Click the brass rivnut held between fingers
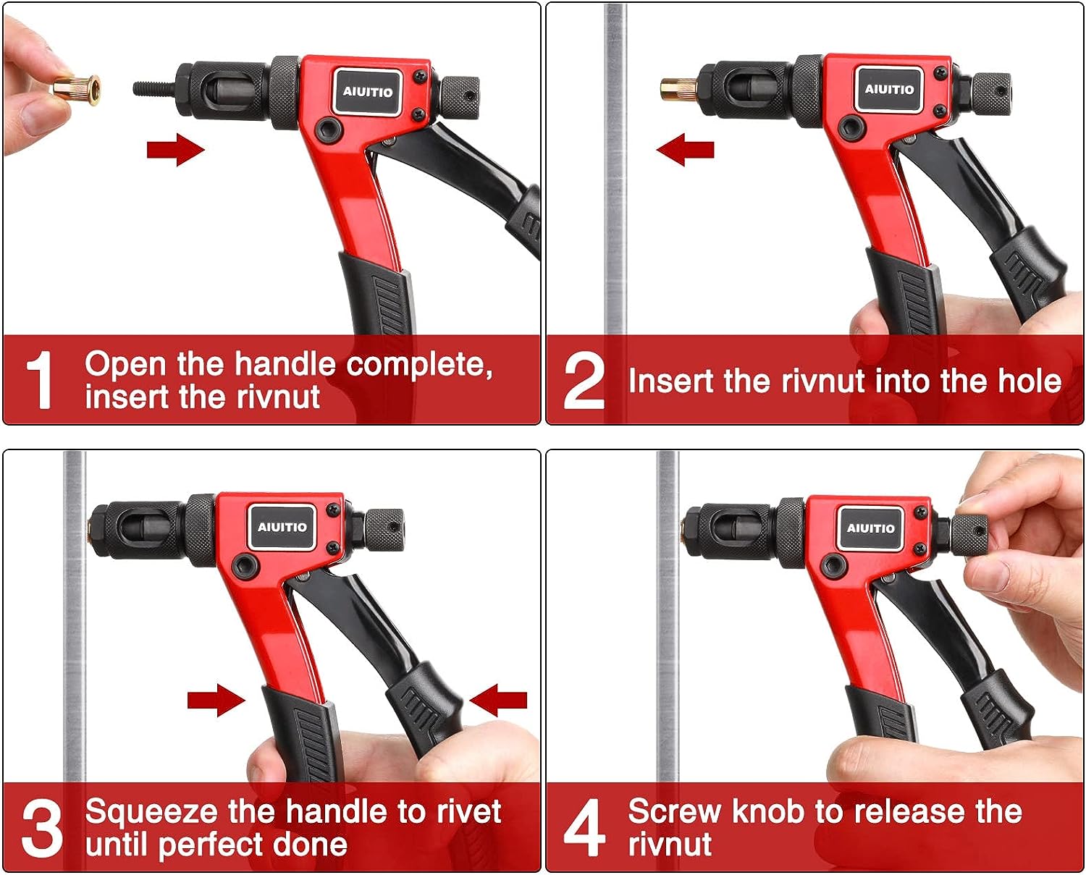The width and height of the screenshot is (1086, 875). click(77, 89)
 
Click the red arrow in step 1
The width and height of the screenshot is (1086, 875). click(176, 149)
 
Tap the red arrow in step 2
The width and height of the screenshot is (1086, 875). click(685, 149)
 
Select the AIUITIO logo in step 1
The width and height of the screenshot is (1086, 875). click(367, 92)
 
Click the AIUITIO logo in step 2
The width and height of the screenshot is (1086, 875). click(888, 89)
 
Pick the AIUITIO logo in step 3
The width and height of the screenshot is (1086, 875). click(282, 527)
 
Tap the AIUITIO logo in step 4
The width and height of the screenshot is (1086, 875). click(870, 528)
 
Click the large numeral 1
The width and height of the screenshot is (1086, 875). click(39, 379)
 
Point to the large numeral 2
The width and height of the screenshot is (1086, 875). click(584, 381)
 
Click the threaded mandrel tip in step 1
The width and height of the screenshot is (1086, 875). click(154, 88)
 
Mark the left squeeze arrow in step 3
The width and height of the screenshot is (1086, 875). click(216, 701)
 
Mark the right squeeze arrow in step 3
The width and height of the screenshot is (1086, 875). click(498, 701)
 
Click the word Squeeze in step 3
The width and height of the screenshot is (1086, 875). click(151, 813)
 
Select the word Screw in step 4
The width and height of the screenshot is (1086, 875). click(674, 812)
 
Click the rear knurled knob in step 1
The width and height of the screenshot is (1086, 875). click(459, 98)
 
